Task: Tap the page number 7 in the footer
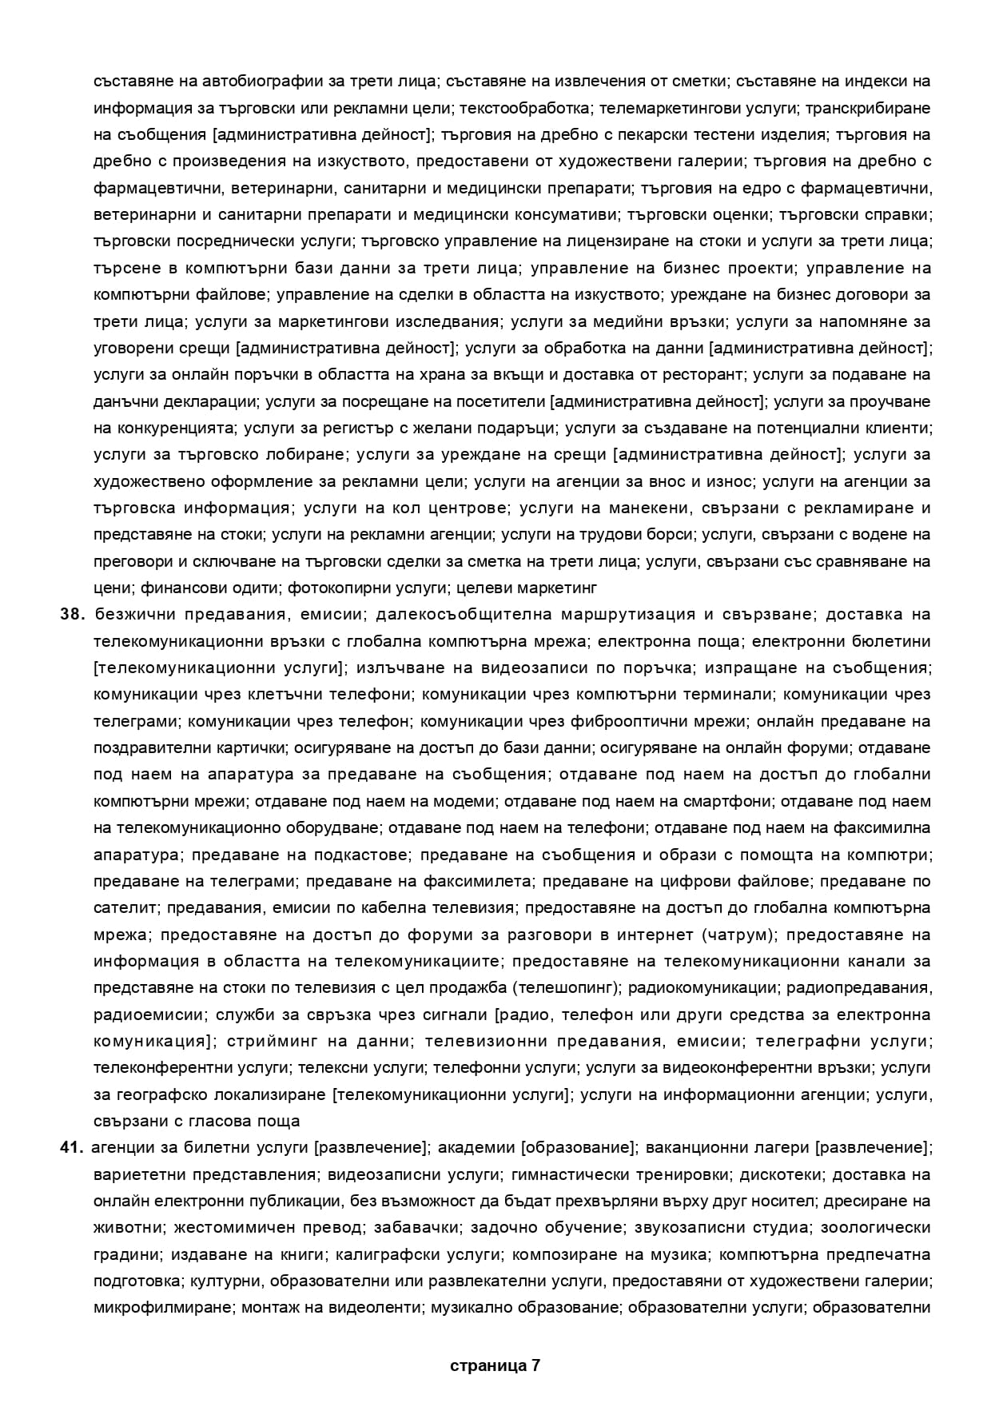[535, 1365]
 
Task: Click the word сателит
[117, 908]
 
